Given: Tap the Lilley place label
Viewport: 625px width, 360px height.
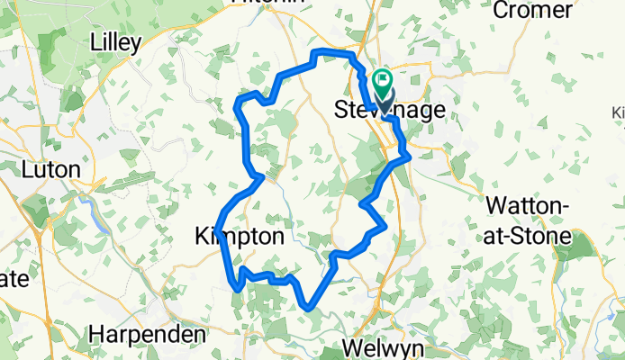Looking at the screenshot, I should click(126, 41).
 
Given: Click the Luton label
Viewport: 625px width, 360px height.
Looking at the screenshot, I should click(50, 169).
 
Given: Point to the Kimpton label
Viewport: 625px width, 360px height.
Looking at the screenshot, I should click(240, 237).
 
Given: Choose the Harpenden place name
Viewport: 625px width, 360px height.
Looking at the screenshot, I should click(148, 335).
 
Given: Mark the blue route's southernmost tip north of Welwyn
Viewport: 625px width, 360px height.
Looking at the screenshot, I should click(311, 308).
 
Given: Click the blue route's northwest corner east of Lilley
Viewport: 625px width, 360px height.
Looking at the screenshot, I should click(238, 104).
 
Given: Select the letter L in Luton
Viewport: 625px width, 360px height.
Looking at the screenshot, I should click(27, 169).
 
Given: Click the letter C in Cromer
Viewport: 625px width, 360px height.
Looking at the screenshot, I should click(501, 11).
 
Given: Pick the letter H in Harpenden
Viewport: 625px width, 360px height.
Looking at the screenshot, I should click(96, 335).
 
